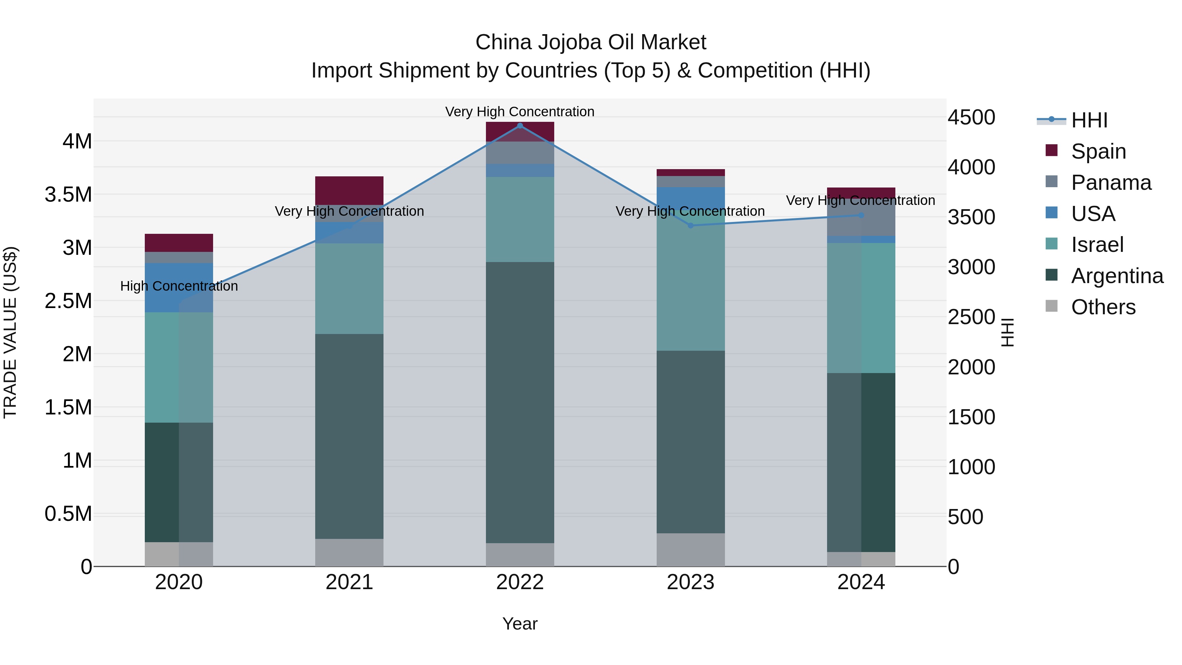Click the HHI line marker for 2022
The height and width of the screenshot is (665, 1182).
point(520,126)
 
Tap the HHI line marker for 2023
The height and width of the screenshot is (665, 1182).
point(690,225)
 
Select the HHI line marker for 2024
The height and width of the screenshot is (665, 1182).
point(861,215)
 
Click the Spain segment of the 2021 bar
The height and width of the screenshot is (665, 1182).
point(349,190)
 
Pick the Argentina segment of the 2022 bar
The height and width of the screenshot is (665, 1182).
point(520,403)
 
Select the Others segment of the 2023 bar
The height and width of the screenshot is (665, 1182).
point(690,549)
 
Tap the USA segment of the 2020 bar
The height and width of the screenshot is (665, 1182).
point(179,287)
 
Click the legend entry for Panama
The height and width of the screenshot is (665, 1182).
point(1110,183)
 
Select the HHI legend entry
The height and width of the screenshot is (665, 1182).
point(1088,120)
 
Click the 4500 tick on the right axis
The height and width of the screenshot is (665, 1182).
point(972,118)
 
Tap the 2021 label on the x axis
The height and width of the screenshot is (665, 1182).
point(349,582)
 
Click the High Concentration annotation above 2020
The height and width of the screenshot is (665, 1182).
point(179,286)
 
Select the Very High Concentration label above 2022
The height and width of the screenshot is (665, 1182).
point(520,112)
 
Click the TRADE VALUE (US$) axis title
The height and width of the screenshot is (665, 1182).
point(10,332)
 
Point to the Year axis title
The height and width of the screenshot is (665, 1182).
point(520,624)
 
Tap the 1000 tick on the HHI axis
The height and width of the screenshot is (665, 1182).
point(972,467)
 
